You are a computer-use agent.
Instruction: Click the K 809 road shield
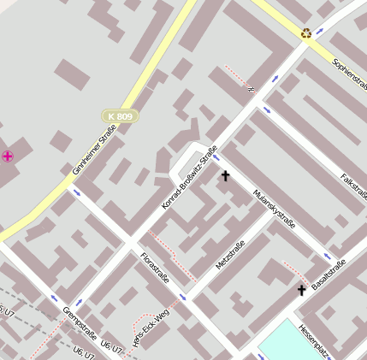click(121, 115)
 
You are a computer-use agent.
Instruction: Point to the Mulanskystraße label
click(275, 209)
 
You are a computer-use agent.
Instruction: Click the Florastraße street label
click(154, 267)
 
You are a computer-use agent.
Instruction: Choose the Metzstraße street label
click(230, 256)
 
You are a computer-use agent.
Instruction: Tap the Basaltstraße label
click(328, 274)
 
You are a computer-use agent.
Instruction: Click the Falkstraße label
click(353, 186)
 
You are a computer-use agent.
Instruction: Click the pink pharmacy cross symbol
click(8, 156)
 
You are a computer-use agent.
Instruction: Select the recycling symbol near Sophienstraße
click(306, 33)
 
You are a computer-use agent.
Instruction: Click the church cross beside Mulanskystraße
click(226, 176)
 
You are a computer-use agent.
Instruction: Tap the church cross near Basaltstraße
click(301, 291)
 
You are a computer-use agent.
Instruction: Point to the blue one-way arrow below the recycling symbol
click(275, 79)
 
